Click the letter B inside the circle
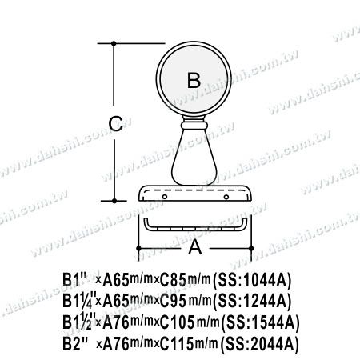(194, 80)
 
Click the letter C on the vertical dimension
(116, 124)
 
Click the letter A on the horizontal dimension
(195, 247)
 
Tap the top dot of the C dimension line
(114, 43)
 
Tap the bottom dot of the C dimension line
(114, 201)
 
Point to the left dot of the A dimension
(138, 248)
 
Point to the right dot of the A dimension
(251, 248)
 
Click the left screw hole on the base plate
(165, 197)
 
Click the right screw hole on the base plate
(226, 197)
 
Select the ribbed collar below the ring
(194, 125)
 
